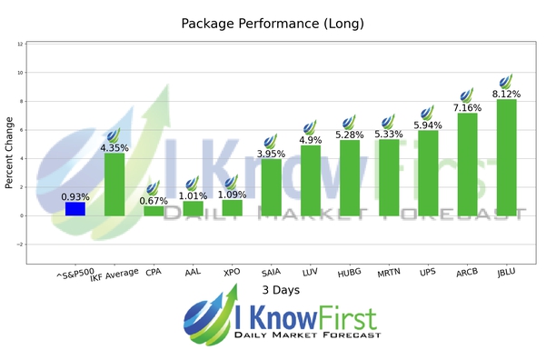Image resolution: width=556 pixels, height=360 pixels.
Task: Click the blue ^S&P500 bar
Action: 75,209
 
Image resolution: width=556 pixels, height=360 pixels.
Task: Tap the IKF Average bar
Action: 114,185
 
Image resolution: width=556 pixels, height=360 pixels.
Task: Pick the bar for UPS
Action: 428,173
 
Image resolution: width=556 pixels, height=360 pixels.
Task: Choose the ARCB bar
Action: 467,165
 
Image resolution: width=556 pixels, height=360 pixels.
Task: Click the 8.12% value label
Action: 506,93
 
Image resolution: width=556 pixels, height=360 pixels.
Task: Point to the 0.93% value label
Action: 75,196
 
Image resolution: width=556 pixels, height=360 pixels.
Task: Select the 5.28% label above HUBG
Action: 350,135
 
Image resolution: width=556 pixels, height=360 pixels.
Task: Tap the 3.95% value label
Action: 271,154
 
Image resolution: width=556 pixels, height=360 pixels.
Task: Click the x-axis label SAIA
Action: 271,271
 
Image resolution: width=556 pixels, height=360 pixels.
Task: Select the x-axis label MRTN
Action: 388,272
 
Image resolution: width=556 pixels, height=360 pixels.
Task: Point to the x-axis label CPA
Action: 154,271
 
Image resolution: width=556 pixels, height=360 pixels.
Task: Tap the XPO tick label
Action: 232,271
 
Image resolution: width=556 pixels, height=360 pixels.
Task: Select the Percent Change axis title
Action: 10,151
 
